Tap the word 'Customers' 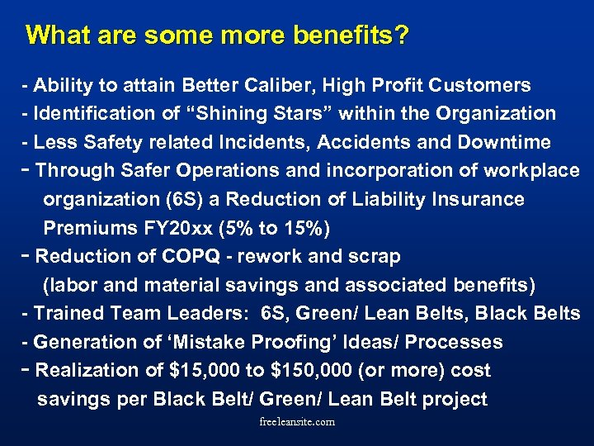click(483, 85)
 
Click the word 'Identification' click(88, 113)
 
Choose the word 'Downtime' click(507, 142)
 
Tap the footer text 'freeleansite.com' click(296, 422)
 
